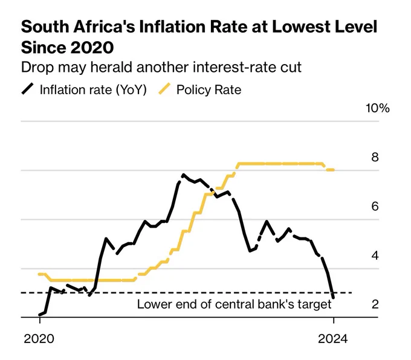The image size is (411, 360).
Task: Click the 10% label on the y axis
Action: coord(377,108)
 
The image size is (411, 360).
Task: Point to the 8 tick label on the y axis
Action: coord(375,157)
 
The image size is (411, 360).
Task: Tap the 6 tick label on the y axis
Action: coord(375,206)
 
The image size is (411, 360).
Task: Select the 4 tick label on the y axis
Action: coord(375,255)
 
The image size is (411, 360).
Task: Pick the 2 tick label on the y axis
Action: coord(375,304)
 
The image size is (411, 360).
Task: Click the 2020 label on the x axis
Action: coord(39,339)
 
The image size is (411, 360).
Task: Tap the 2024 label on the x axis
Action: coord(333,339)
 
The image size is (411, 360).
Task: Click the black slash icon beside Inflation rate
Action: coord(27,89)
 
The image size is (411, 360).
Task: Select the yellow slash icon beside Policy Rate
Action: coord(164,89)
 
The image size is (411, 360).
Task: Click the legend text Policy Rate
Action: coord(209,89)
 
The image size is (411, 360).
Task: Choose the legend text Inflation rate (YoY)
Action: coord(93,89)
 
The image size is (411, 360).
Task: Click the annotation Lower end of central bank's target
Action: coord(234,304)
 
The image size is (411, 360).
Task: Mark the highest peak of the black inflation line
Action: coord(183,175)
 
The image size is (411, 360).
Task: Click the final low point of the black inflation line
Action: coord(334,297)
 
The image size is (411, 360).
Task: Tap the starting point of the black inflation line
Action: coord(39,315)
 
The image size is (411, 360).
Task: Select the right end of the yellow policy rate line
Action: coord(334,170)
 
